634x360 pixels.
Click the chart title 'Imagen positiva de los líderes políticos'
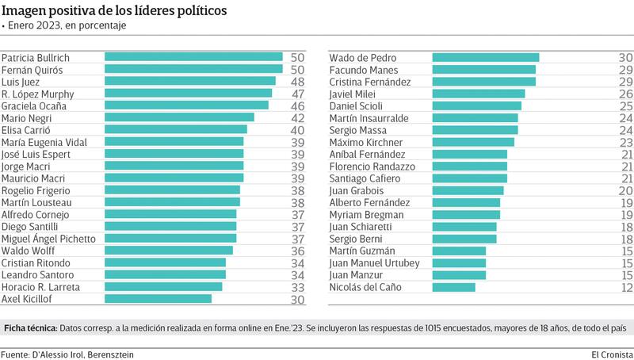click(x=113, y=11)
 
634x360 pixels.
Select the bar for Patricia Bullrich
click(x=193, y=57)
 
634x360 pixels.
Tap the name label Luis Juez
click(x=21, y=82)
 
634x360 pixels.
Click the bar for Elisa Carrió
click(x=176, y=130)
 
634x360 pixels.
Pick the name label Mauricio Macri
click(x=33, y=178)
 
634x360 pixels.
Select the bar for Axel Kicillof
click(x=158, y=299)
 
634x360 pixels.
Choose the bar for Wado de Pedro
click(x=485, y=57)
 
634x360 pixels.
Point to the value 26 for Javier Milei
click(x=624, y=94)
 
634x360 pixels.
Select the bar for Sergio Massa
click(x=475, y=130)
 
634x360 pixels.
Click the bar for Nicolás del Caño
click(x=453, y=287)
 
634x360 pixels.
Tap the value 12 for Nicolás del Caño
click(x=624, y=287)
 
